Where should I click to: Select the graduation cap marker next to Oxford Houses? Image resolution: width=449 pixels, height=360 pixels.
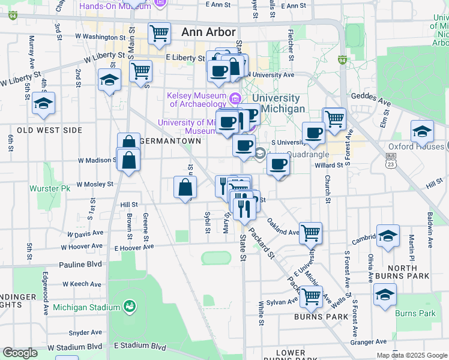[422, 131]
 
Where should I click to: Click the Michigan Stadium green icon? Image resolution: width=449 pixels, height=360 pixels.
[128, 307]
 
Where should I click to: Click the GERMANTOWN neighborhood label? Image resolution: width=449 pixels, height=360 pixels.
[170, 141]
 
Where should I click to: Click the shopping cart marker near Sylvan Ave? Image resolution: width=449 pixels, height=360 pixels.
[310, 296]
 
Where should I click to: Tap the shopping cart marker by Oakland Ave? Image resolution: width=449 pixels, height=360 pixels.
[310, 232]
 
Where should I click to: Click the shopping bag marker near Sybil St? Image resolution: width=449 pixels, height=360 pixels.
[185, 187]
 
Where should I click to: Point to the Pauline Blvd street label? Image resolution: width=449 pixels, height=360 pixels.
[80, 264]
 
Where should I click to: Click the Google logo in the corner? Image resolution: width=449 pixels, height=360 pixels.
[20, 353]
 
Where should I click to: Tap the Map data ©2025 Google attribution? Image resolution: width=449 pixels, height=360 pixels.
[412, 355]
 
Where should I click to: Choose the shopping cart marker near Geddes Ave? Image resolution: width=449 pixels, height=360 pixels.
[334, 118]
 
